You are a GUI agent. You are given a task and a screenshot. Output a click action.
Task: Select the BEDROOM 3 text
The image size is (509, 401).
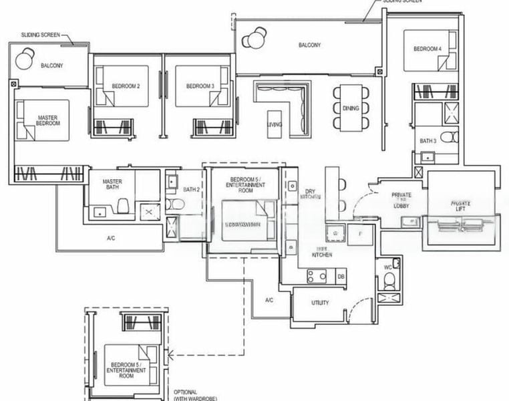click(200, 86)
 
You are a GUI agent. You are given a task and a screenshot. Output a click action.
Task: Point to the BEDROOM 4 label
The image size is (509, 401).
click(427, 49)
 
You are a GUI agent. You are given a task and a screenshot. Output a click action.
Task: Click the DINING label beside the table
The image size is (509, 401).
click(350, 108)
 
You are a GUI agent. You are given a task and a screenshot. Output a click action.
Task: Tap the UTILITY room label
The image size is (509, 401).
click(320, 303)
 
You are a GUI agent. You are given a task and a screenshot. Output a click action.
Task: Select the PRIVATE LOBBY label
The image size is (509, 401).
click(401, 198)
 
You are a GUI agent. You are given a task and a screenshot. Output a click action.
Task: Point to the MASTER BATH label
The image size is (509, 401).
click(111, 185)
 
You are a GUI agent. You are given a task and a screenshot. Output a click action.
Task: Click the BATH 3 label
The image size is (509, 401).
click(428, 141)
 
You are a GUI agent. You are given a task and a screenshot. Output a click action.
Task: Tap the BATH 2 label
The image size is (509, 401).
click(192, 190)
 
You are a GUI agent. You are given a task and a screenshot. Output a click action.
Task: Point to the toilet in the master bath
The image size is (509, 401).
click(124, 205)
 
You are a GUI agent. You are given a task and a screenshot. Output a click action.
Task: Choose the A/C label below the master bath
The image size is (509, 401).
click(112, 238)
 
